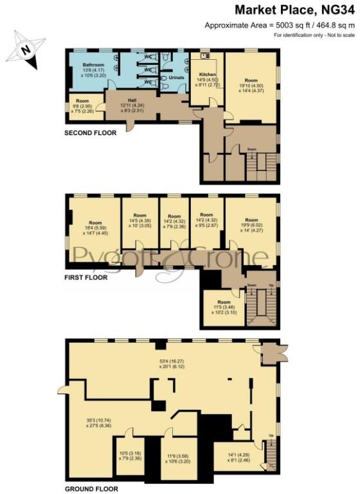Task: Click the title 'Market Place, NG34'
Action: [294, 10]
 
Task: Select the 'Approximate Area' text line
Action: [280, 25]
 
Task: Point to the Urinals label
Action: [176, 78]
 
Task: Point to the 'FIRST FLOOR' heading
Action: [85, 278]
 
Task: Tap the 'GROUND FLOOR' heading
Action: [91, 488]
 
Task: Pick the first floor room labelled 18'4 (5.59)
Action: [95, 229]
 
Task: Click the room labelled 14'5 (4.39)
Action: [140, 220]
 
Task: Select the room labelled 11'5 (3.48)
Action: [223, 307]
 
